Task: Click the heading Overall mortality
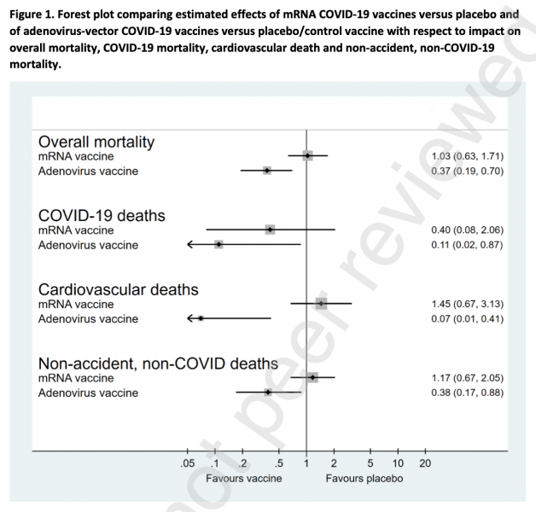pos(102,142)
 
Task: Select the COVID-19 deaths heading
pos(102,215)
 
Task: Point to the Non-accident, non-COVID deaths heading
pos(158,364)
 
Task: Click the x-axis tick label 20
pos(425,463)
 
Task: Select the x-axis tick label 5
pos(370,463)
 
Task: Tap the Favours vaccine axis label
pos(249,478)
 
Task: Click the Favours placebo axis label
pos(364,478)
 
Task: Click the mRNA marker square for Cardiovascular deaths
pos(321,303)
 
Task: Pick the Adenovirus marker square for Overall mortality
pos(266,171)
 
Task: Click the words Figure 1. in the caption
pos(33,14)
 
